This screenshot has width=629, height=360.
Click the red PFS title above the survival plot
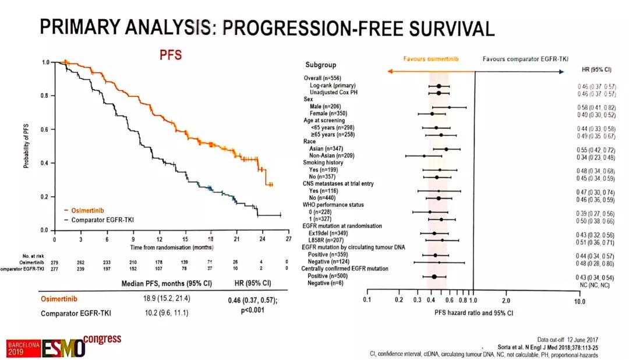tap(171, 55)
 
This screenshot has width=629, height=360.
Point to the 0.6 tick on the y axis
tap(44, 129)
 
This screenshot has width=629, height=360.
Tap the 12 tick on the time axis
tap(159, 239)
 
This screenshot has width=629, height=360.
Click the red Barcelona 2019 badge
tap(20, 348)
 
